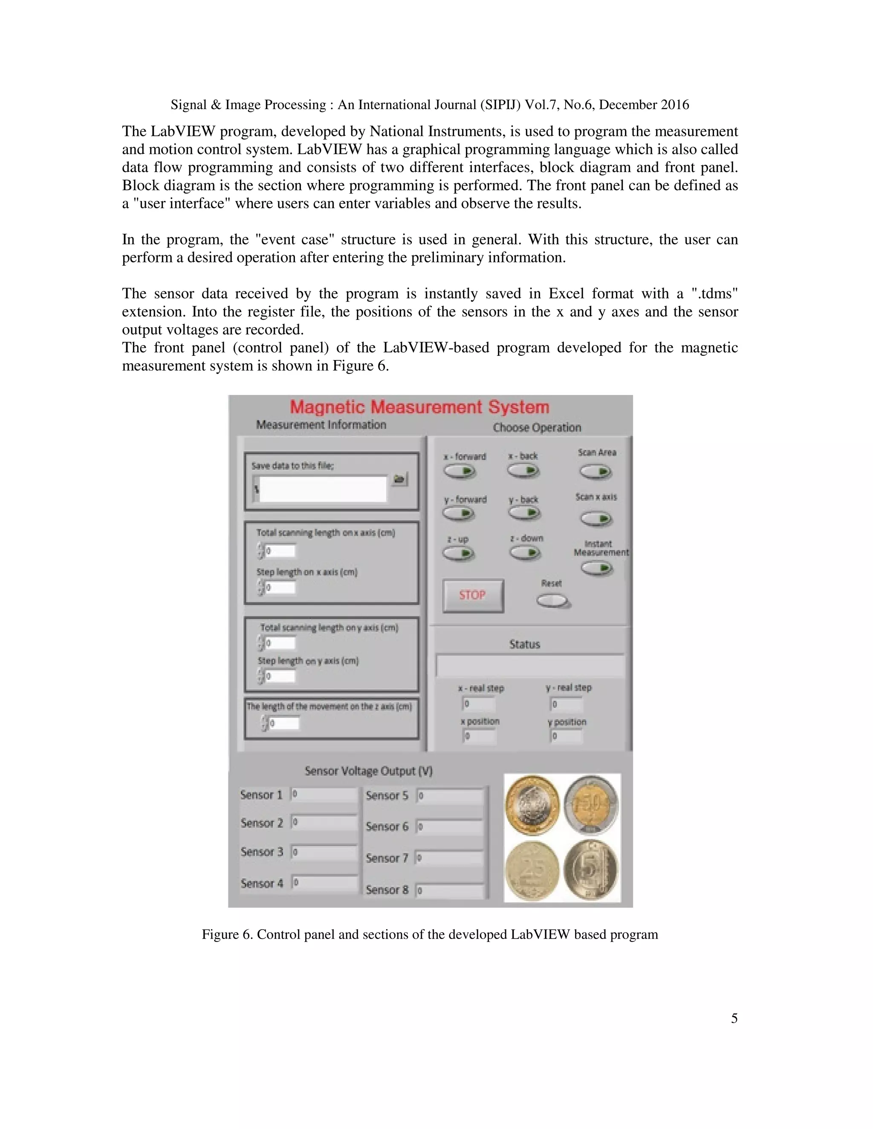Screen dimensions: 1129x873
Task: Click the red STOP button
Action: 473,596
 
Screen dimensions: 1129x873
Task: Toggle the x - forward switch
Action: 459,472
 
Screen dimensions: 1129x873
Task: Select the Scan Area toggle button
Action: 596,472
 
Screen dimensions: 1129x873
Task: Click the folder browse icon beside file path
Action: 399,479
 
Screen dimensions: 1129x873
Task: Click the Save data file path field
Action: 322,489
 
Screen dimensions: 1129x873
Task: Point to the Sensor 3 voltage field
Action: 324,852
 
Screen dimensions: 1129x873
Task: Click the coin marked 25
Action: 532,872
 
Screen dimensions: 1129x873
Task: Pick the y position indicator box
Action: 567,736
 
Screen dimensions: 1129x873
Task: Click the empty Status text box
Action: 530,666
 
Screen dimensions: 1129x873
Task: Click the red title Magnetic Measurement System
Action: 419,407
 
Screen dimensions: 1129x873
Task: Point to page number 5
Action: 734,1018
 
